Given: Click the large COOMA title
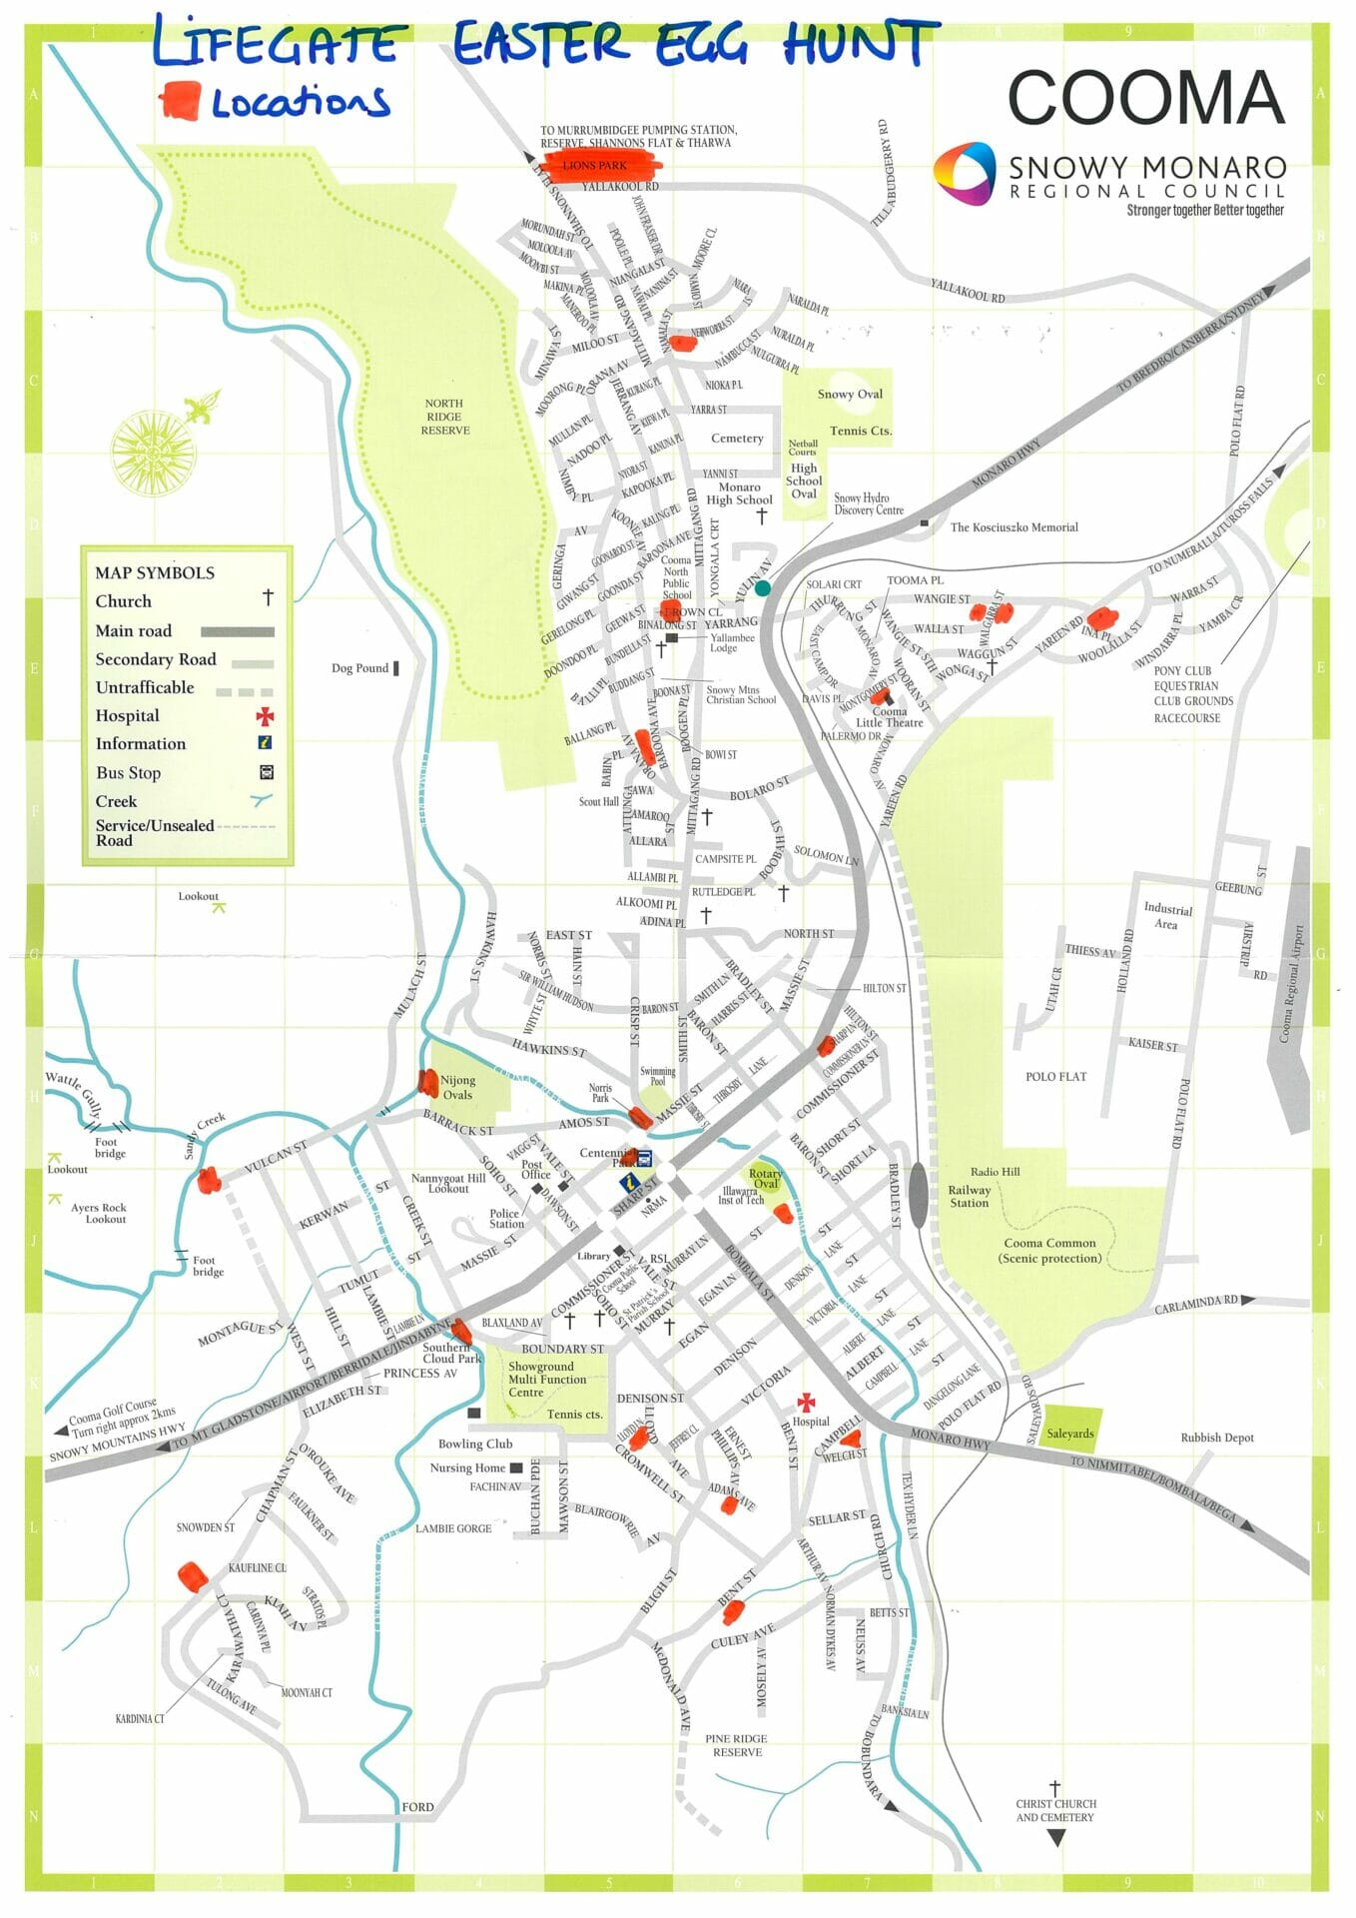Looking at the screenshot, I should (x=1145, y=97).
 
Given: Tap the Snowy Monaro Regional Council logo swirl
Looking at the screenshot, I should (x=964, y=173).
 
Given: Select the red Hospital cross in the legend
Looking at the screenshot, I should (x=265, y=715).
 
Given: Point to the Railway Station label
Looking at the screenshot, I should (x=969, y=1196).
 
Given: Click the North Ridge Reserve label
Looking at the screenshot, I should (x=444, y=417).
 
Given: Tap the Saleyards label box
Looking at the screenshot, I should (x=1070, y=1434).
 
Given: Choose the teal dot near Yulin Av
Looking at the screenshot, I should (x=763, y=588).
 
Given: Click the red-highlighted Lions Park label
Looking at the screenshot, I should (x=595, y=165).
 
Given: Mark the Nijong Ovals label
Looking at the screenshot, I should (x=457, y=1087).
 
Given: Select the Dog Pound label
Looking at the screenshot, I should (x=359, y=667).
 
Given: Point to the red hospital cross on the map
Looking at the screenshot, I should (x=805, y=1402).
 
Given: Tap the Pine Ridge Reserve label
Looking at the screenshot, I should (x=737, y=1745).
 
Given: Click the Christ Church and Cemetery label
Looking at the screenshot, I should (x=1055, y=1810).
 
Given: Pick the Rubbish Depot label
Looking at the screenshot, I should (x=1216, y=1438).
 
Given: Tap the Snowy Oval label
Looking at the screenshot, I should (x=850, y=394).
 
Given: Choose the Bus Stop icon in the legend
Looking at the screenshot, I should (x=267, y=772).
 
